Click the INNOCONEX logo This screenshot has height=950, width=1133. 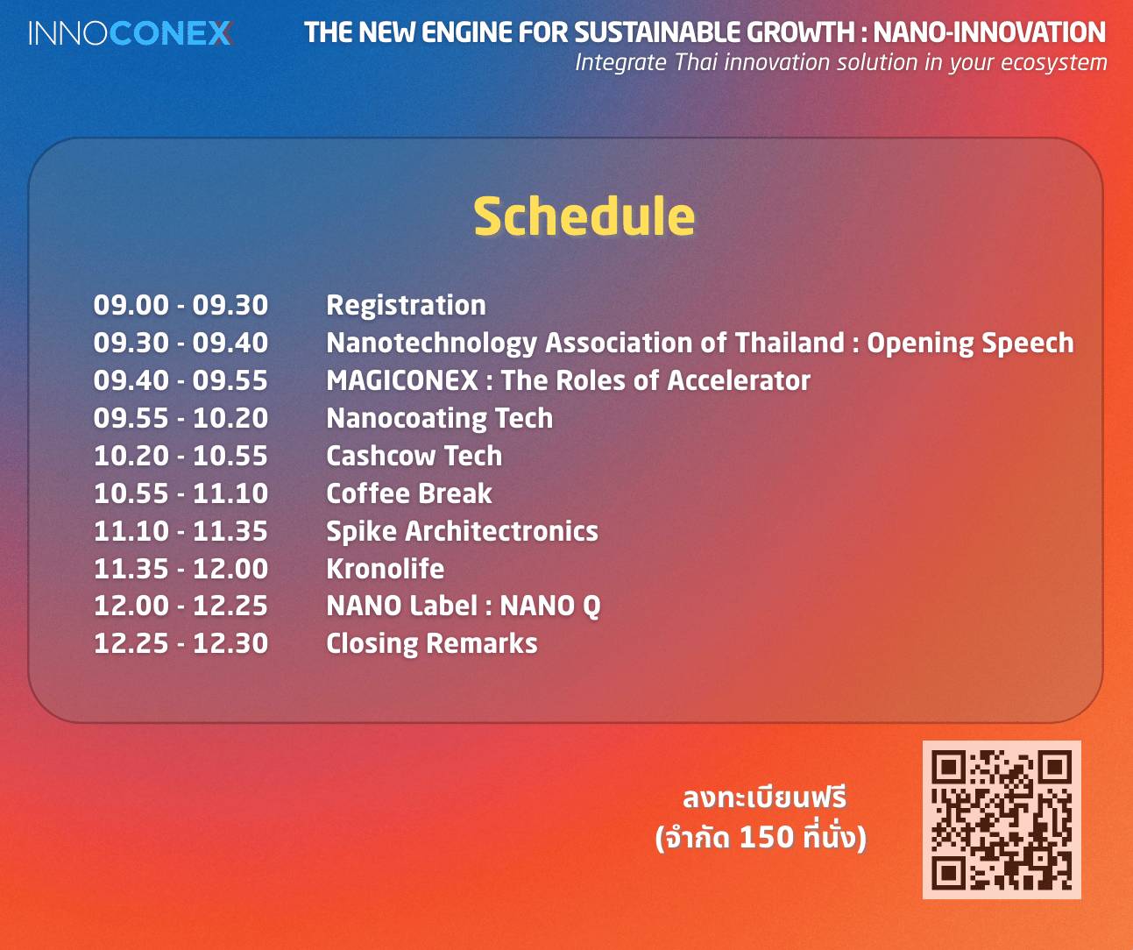[x=131, y=33]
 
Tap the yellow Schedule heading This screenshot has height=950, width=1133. [x=584, y=217]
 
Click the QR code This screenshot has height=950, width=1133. [x=1002, y=819]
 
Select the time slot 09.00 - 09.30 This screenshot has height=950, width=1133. [x=181, y=305]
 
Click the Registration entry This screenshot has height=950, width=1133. [x=406, y=306]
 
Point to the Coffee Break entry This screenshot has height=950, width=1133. [x=409, y=493]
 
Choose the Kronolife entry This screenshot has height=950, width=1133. [x=386, y=569]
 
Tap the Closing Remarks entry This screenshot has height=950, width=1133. [x=432, y=644]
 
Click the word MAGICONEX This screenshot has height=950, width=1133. [x=402, y=380]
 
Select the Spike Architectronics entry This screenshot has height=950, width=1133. [x=463, y=532]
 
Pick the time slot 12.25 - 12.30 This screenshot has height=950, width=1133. [x=181, y=644]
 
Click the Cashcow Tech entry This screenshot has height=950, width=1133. [x=414, y=456]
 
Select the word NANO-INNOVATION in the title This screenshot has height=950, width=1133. [x=989, y=32]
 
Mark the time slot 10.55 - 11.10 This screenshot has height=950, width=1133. [x=181, y=493]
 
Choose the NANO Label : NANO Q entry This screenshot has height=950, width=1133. [x=464, y=606]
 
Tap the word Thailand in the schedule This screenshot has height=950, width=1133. [x=790, y=343]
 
